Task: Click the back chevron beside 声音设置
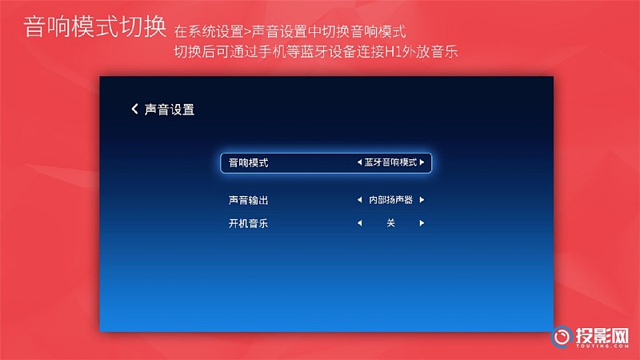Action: pyautogui.click(x=134, y=109)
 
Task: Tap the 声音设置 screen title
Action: pyautogui.click(x=170, y=110)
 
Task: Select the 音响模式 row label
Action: pyautogui.click(x=248, y=163)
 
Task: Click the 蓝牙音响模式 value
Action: pyautogui.click(x=390, y=162)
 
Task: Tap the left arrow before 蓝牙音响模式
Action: pyautogui.click(x=359, y=162)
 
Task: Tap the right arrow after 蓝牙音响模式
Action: pyautogui.click(x=422, y=162)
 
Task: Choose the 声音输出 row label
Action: pyautogui.click(x=248, y=200)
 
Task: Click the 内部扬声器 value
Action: pyautogui.click(x=390, y=199)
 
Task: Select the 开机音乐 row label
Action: pyautogui.click(x=248, y=223)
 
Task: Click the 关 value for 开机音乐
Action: pyautogui.click(x=390, y=223)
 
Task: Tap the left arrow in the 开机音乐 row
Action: pyautogui.click(x=359, y=223)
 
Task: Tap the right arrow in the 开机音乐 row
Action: pyautogui.click(x=422, y=223)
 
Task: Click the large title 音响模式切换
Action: pyautogui.click(x=94, y=27)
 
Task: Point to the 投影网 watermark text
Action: pyautogui.click(x=602, y=336)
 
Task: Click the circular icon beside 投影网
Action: pyautogui.click(x=562, y=337)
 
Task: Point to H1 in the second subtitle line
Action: pyautogui.click(x=393, y=52)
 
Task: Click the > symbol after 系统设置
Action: pyautogui.click(x=247, y=32)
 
